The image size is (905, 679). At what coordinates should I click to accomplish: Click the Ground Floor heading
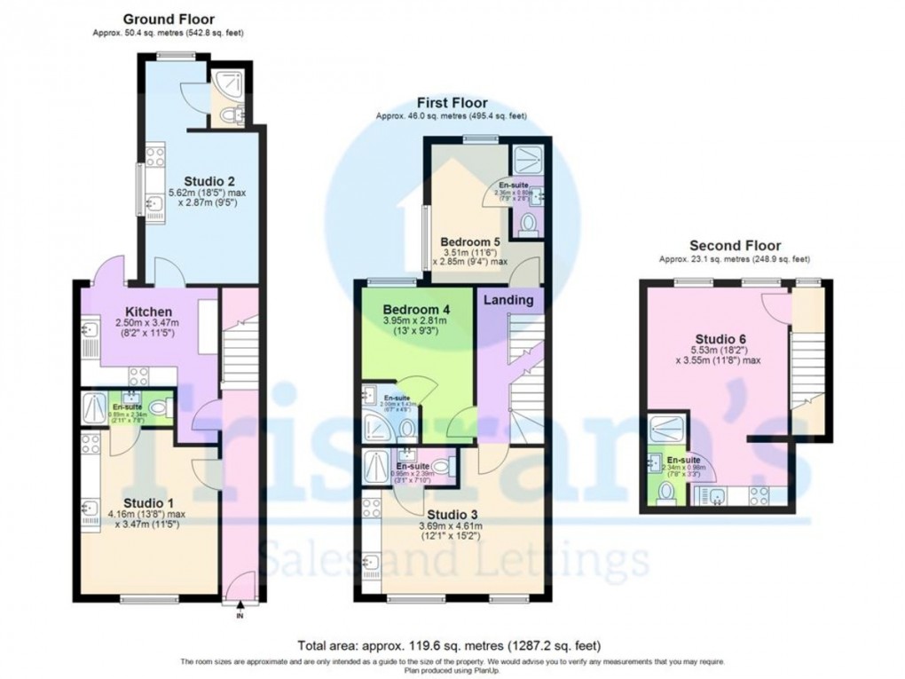point(168,19)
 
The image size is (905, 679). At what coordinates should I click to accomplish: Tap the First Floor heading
point(452,103)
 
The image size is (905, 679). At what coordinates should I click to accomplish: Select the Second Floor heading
point(735,246)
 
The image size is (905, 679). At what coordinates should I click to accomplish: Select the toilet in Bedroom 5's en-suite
point(529,223)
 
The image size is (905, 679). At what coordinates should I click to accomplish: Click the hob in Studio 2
point(154,157)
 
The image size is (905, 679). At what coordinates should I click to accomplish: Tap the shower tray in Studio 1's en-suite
point(93,408)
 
